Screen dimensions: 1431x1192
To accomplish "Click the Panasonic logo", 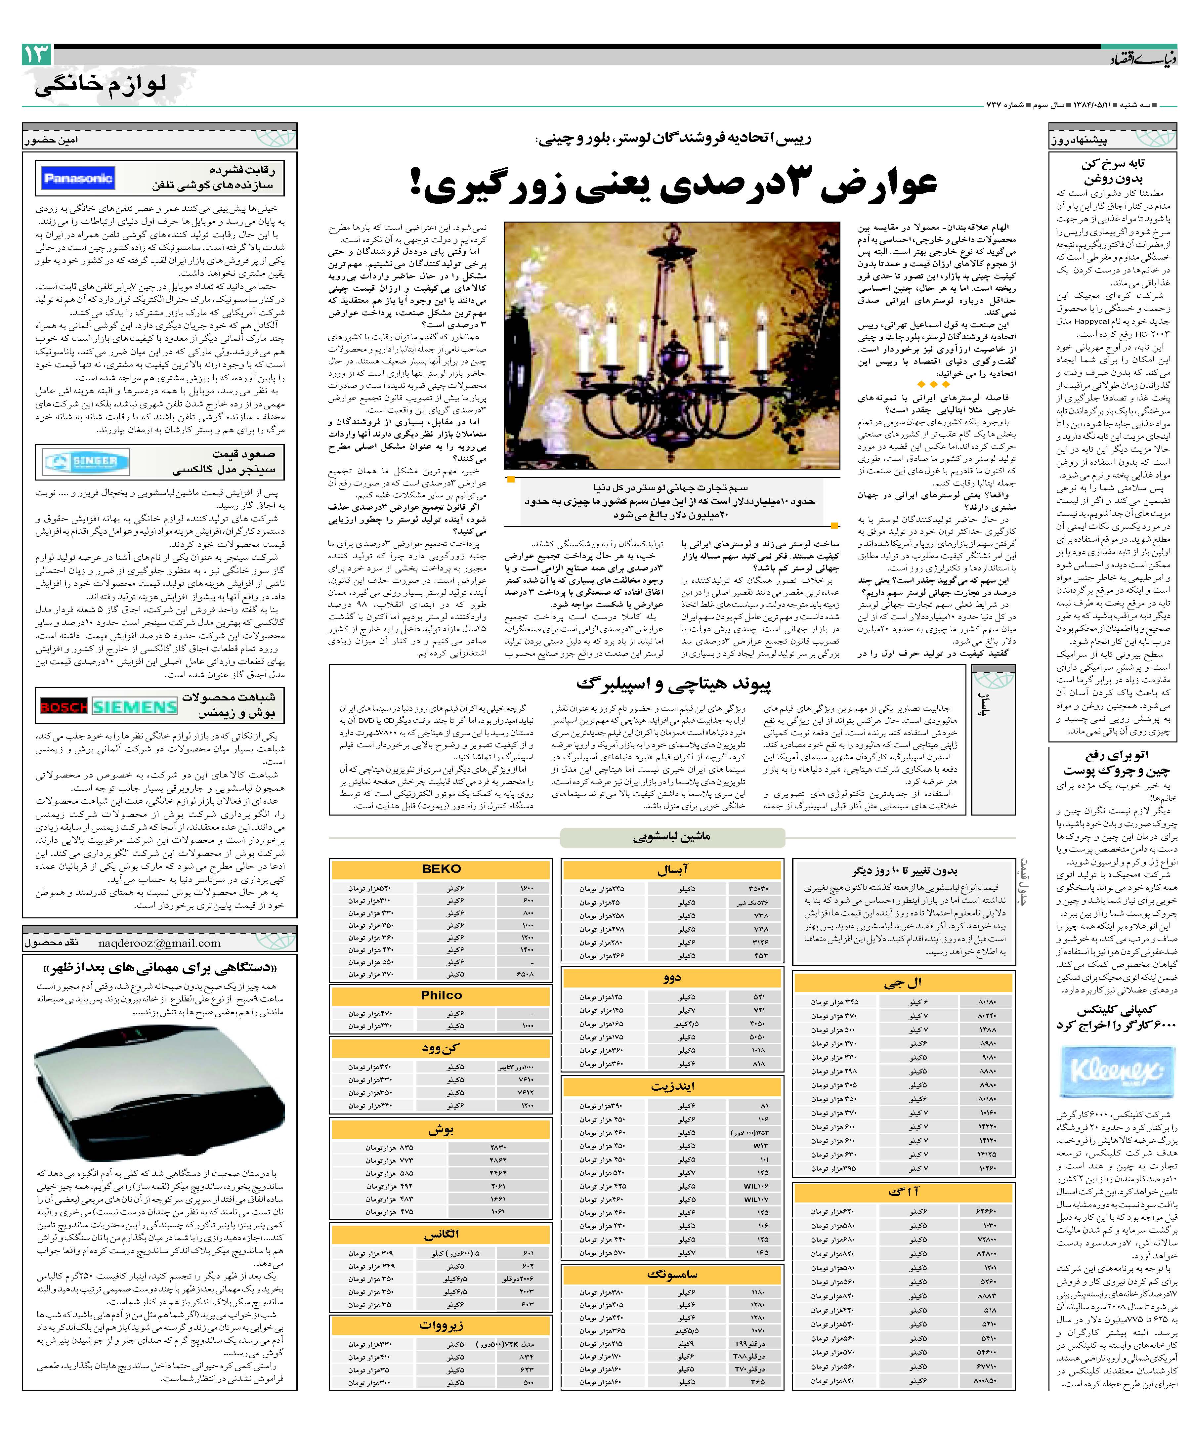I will [x=77, y=179].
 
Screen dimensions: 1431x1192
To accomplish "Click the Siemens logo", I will [x=134, y=707].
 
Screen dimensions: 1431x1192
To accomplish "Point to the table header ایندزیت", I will [x=672, y=1085].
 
